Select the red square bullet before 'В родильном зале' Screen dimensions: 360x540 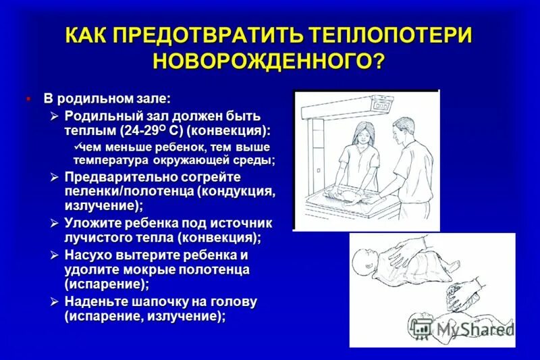(x=28, y=98)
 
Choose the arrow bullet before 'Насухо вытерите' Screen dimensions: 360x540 (x=55, y=255)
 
